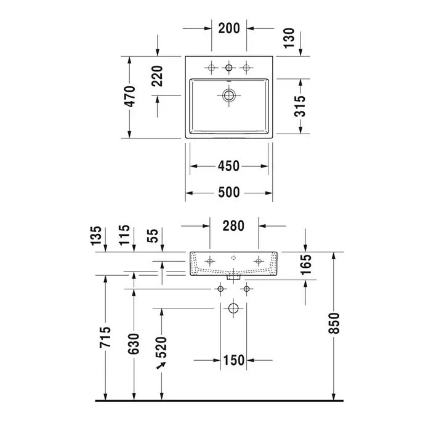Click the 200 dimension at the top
click(x=229, y=28)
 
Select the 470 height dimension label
click(x=130, y=97)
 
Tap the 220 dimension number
click(x=157, y=76)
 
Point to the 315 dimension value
click(x=300, y=106)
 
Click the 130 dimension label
click(x=289, y=38)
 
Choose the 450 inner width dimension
click(x=228, y=166)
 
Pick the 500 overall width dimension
click(x=229, y=192)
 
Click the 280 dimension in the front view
click(x=233, y=226)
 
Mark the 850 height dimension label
click(x=334, y=323)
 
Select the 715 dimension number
click(x=105, y=337)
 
